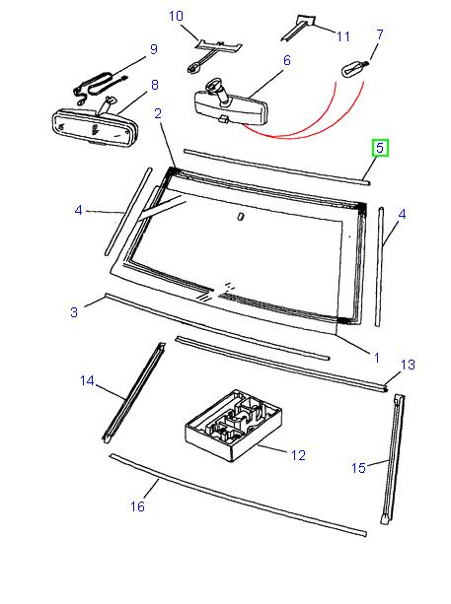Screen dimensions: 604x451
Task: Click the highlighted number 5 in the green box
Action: [380, 150]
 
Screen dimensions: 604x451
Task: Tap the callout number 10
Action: [176, 16]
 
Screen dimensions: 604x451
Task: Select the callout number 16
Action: [137, 506]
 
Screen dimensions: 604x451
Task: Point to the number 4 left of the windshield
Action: [77, 210]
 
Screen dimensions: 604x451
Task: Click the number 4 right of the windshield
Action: [402, 213]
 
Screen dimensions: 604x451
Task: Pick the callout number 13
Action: [407, 365]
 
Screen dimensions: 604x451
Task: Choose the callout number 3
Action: [73, 312]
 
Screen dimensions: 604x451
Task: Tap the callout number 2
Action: [158, 115]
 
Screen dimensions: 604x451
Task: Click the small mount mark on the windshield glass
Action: [241, 217]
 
